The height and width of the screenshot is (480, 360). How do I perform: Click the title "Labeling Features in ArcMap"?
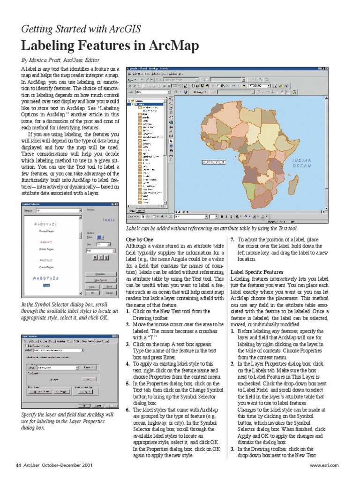pos(110,46)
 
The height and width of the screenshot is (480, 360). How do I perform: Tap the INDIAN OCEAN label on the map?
pos(302,163)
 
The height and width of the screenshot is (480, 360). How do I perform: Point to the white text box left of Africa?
pos(212,162)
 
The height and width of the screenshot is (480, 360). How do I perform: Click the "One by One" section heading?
pos(140,239)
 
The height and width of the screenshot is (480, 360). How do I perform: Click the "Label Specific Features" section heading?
pos(257,272)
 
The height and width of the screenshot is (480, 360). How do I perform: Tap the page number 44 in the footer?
pos(18,465)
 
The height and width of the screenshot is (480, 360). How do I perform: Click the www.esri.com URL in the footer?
pos(324,465)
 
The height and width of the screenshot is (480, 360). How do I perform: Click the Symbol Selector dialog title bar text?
pos(33,204)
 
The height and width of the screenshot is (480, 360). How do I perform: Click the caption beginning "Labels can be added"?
pos(212,228)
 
